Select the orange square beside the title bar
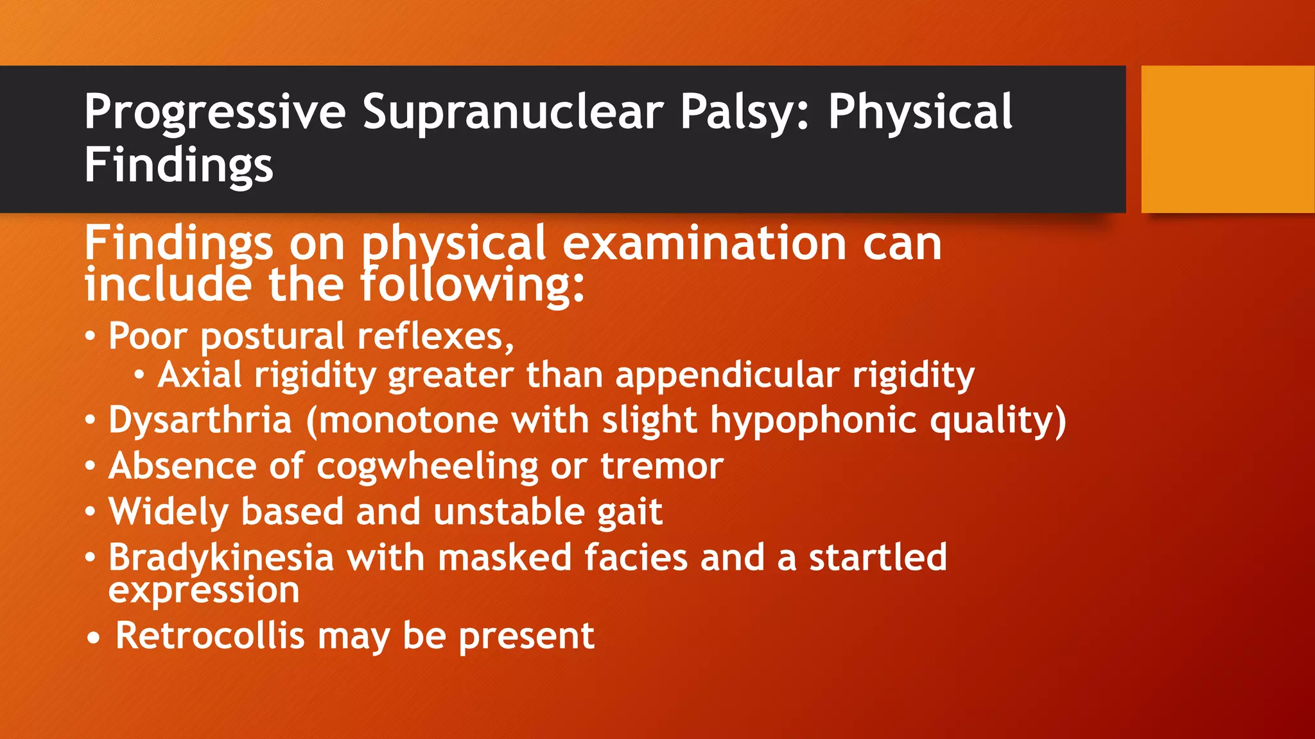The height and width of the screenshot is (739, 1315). click(x=1228, y=139)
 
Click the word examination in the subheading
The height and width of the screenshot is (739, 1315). click(x=704, y=244)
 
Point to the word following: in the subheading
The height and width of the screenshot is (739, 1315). click(x=472, y=285)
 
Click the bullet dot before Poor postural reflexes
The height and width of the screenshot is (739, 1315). click(x=91, y=336)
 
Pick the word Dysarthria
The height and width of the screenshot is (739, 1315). click(x=200, y=421)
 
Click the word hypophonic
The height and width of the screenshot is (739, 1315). click(x=814, y=421)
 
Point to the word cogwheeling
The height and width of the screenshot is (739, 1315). click(x=427, y=466)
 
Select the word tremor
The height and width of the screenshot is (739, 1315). click(x=661, y=466)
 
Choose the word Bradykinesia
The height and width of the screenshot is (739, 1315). click(x=221, y=558)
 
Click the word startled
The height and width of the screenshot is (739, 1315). click(x=877, y=557)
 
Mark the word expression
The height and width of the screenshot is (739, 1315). click(x=204, y=591)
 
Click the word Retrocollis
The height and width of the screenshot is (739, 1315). click(x=209, y=636)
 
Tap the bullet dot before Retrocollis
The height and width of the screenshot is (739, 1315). click(x=94, y=638)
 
